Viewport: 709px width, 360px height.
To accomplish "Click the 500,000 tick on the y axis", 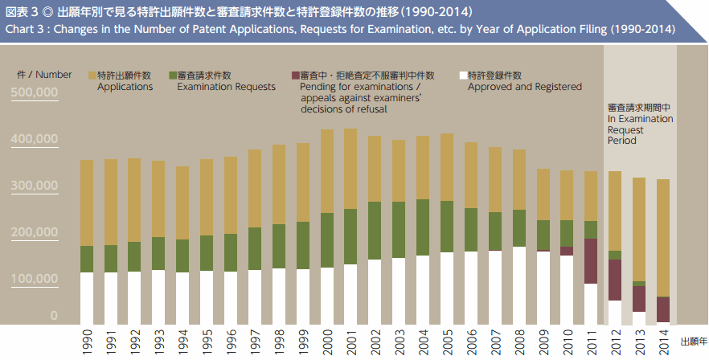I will pyautogui.click(x=35, y=93).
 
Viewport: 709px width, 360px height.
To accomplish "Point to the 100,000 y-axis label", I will pyautogui.click(x=35, y=279).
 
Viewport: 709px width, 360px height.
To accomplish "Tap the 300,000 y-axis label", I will pyautogui.click(x=35, y=186).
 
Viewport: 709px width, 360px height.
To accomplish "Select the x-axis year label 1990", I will pyautogui.click(x=88, y=341).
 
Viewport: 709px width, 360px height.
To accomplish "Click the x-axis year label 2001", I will pyautogui.click(x=351, y=341).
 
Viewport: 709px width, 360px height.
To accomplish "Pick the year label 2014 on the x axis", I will pyautogui.click(x=663, y=341).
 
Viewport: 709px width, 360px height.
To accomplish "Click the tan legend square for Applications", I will pyautogui.click(x=92, y=75).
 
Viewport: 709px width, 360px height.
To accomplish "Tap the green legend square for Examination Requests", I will pyautogui.click(x=172, y=75).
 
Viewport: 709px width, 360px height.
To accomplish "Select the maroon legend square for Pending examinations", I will pyautogui.click(x=294, y=75).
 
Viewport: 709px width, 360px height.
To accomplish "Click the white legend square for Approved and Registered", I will pyautogui.click(x=462, y=75).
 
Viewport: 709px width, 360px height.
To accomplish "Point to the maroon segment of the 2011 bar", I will pyautogui.click(x=591, y=261).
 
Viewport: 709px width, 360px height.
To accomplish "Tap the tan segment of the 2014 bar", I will pyautogui.click(x=663, y=237).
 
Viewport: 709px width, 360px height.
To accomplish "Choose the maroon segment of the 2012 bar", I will pyautogui.click(x=615, y=280).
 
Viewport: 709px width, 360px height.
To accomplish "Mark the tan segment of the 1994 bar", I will pyautogui.click(x=183, y=202).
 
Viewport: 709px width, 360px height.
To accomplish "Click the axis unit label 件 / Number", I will pyautogui.click(x=45, y=74).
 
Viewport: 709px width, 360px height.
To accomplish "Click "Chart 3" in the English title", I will pyautogui.click(x=26, y=30).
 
